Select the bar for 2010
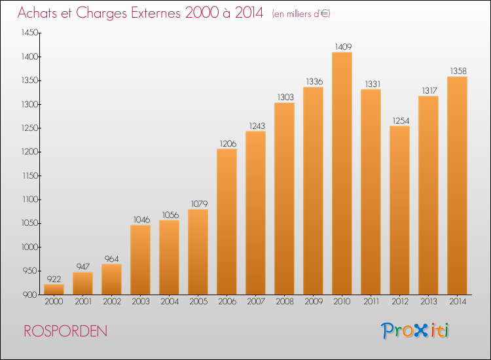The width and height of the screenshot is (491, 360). tap(342, 173)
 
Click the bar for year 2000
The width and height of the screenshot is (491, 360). tap(54, 289)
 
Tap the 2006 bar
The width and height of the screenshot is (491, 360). tap(227, 222)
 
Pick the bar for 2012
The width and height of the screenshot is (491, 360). tap(399, 210)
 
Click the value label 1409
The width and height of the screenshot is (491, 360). tap(343, 47)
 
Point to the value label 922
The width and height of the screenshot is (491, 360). tap(54, 279)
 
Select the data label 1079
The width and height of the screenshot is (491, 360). tap(199, 204)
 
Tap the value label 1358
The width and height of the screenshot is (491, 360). tap(458, 71)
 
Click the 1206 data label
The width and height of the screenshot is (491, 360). tap(228, 144)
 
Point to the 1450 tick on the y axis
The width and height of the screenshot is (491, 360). tap(29, 33)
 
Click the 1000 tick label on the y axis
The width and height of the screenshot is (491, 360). tap(29, 247)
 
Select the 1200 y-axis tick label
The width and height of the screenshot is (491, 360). tap(29, 152)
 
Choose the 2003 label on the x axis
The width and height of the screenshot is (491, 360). tap(141, 301)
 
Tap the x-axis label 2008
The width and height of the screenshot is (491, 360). tap(285, 301)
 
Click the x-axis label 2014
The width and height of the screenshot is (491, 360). tap(458, 301)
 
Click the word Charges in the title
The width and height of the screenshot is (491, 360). tap(101, 14)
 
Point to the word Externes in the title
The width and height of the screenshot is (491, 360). tap(155, 13)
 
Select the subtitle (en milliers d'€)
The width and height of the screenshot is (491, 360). tap(301, 14)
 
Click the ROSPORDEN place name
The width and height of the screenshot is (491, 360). tap(65, 331)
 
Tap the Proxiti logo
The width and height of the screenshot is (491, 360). tap(415, 331)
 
